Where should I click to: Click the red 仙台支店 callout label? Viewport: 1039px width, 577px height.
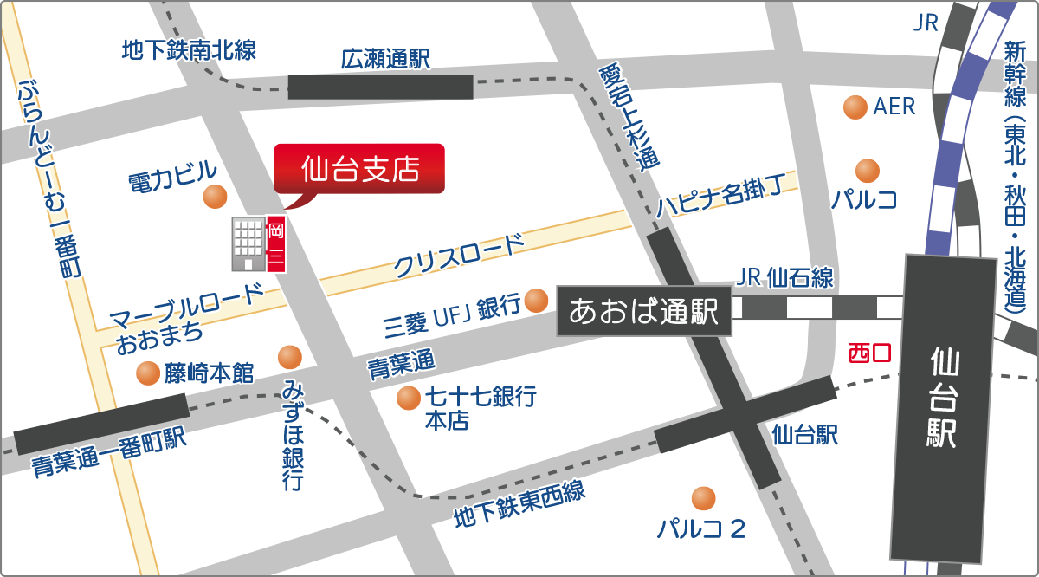(358, 168)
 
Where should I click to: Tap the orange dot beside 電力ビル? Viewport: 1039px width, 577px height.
(215, 198)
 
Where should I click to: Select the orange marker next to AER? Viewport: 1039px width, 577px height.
(855, 107)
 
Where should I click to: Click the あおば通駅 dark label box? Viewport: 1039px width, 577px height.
(644, 311)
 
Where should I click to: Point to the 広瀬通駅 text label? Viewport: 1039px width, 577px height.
(385, 60)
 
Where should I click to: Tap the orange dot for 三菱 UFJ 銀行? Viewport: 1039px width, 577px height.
(537, 300)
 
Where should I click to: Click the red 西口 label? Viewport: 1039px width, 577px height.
(869, 353)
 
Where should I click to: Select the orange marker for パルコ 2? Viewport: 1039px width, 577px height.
(703, 498)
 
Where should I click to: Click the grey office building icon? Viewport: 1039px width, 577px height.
(248, 243)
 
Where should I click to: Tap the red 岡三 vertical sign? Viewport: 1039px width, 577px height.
(276, 243)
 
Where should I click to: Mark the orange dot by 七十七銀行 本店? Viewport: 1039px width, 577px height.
(408, 398)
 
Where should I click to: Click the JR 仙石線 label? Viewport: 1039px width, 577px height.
(783, 277)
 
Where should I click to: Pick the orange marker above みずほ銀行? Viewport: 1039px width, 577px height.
(289, 356)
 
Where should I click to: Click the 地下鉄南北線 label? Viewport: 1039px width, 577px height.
(189, 50)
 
